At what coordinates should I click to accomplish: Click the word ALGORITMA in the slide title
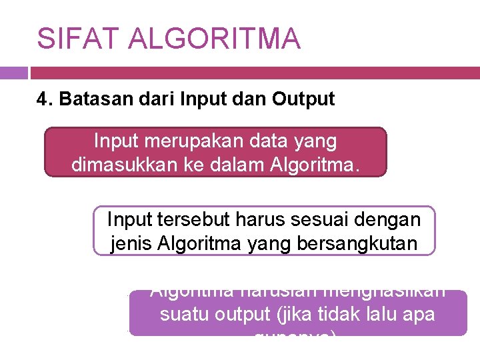215,39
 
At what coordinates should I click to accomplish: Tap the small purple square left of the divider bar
13,73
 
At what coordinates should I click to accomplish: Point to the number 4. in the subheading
45,99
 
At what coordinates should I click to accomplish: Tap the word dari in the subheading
139,99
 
